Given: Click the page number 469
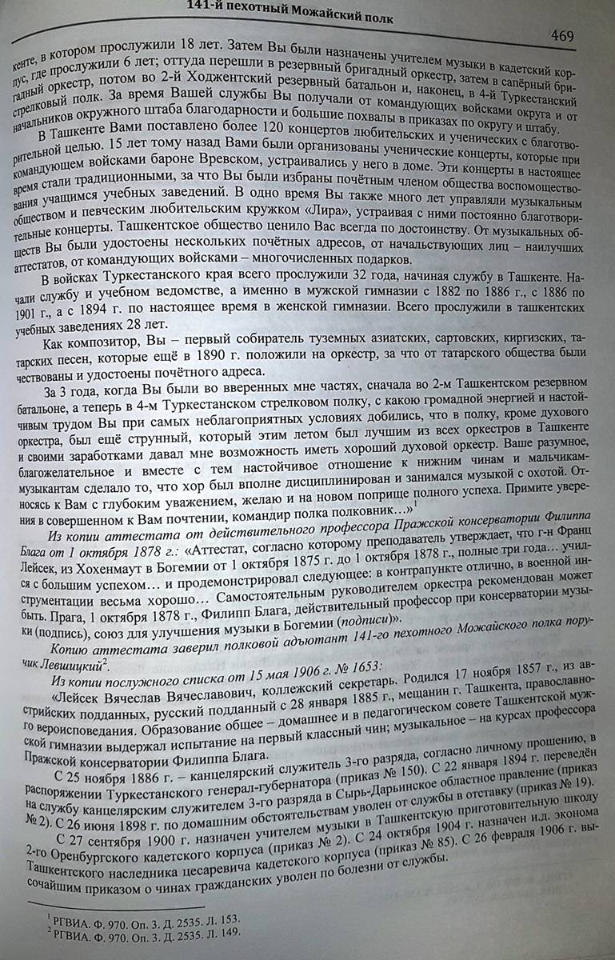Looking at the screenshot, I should tap(562, 37).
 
